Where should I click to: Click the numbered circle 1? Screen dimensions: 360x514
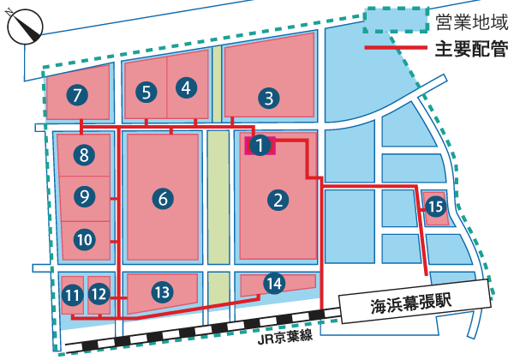261,146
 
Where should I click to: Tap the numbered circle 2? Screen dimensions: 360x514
278,201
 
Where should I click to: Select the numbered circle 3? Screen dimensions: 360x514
269,98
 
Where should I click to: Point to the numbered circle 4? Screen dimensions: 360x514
188,87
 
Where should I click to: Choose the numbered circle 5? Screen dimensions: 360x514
147,92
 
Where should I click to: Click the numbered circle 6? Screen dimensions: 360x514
163,200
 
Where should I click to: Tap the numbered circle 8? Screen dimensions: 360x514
83,155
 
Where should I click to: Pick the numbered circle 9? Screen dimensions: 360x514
83,196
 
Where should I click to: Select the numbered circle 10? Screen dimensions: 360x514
83,239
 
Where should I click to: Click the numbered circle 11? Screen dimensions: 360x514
72,296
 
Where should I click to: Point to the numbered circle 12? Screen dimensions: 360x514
99,295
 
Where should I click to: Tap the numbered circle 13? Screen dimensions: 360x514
162,291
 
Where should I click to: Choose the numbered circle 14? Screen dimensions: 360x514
273,282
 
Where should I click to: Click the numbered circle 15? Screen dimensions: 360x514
435,206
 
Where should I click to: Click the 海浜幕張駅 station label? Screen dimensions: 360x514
411,301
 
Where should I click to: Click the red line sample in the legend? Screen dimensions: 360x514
395,47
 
